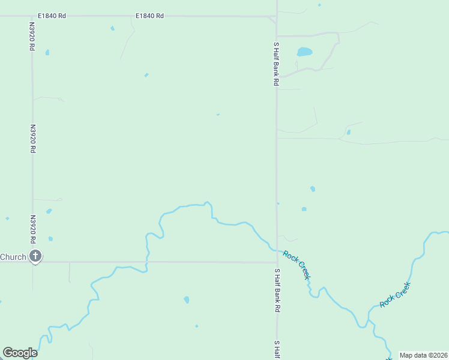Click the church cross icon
click(35, 256)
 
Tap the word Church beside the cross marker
click(13, 257)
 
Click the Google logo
click(20, 353)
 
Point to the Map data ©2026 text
click(423, 355)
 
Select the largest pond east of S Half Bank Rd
click(304, 52)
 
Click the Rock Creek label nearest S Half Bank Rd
click(297, 265)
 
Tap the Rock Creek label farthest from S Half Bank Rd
click(395, 295)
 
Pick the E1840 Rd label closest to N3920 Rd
click(51, 16)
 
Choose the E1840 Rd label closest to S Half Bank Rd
click(149, 16)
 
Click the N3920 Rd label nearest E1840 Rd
click(32, 37)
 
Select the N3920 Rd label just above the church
click(32, 229)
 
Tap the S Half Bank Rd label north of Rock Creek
click(277, 64)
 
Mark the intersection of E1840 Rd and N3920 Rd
click(32, 16)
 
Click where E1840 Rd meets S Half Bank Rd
click(276, 17)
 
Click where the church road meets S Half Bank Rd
click(277, 262)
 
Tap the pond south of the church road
click(187, 299)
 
